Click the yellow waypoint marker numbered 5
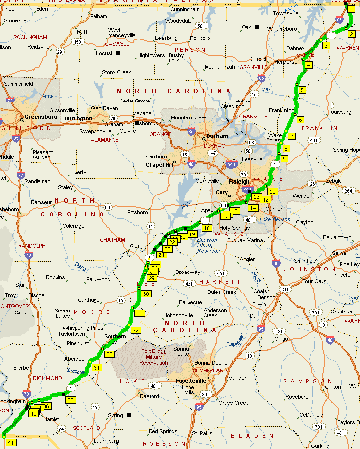(302, 90)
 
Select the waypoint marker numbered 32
(136, 330)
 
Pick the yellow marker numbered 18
(207, 228)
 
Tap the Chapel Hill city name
(159, 165)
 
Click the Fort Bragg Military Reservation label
(153, 357)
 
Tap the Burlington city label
(78, 118)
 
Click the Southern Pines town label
(115, 339)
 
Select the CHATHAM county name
(113, 240)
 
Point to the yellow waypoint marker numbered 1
(351, 9)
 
